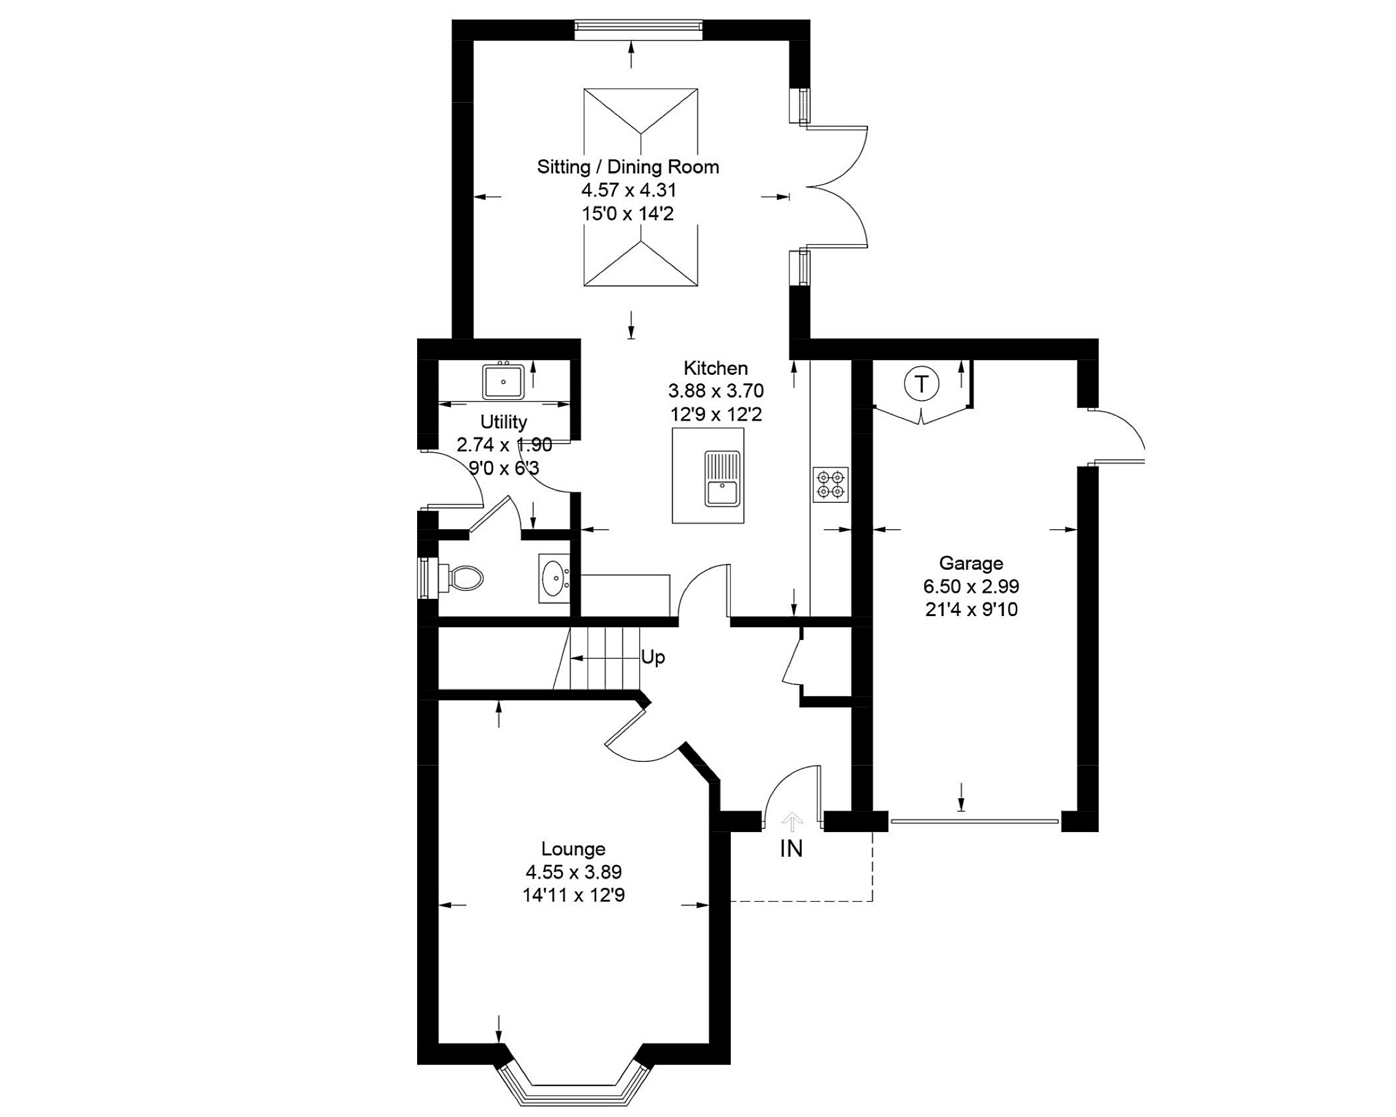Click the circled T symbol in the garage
click(921, 385)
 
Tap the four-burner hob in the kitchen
click(831, 485)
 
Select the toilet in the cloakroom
click(461, 577)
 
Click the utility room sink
click(503, 382)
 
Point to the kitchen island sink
click(722, 480)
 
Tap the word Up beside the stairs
click(653, 657)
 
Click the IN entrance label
click(791, 849)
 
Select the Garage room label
click(971, 563)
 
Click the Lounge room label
click(573, 849)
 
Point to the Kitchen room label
click(716, 369)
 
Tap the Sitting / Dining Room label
click(628, 167)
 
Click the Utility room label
click(503, 422)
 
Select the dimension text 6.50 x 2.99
click(971, 587)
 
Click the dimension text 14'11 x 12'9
click(573, 895)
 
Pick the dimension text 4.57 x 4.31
click(628, 190)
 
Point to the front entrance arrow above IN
click(792, 822)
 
